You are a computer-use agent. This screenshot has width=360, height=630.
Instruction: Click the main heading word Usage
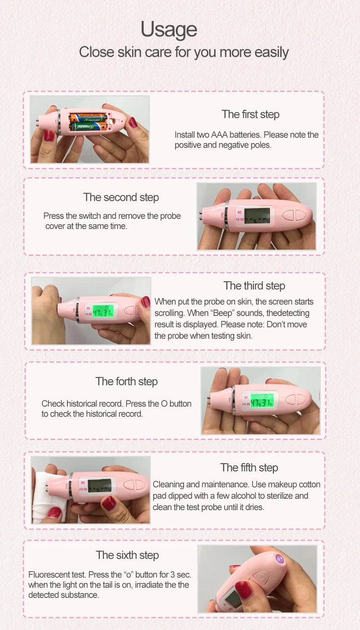169,30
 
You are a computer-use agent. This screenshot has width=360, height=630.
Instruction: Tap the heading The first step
250,114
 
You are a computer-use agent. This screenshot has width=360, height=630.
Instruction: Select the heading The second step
121,197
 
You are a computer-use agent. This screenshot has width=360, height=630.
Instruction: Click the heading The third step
254,286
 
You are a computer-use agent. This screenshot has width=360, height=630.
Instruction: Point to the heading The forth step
126,382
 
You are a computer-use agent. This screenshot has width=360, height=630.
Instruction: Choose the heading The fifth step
249,468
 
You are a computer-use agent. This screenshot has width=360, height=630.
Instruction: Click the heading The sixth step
127,555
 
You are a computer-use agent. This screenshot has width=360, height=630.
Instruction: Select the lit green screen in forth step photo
261,401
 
